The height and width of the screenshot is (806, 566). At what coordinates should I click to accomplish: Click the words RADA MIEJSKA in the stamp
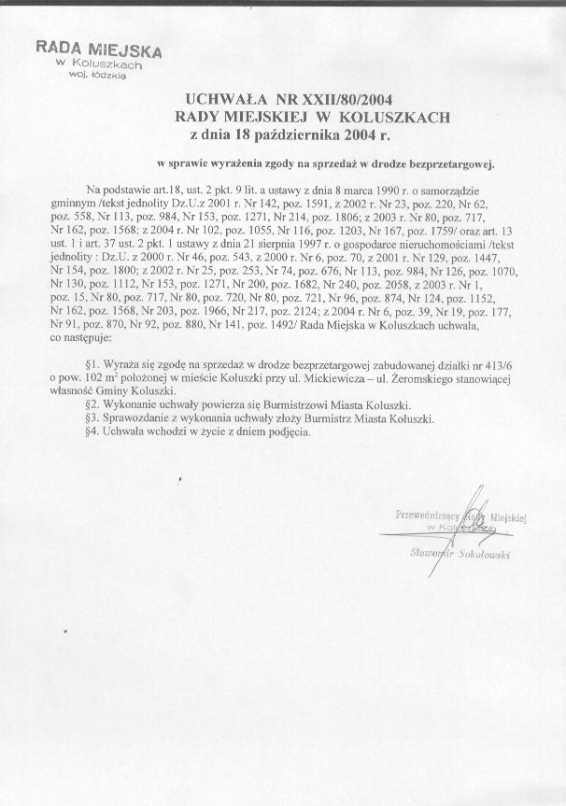click(x=99, y=49)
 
